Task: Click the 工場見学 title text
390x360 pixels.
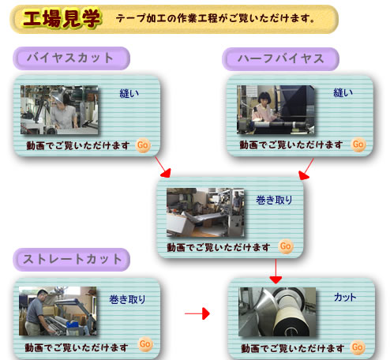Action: (x=62, y=18)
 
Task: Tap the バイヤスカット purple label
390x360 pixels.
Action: (x=71, y=58)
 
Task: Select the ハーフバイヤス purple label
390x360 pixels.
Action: (x=280, y=59)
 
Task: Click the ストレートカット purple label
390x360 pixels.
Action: (x=71, y=260)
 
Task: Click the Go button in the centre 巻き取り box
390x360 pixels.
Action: (x=286, y=246)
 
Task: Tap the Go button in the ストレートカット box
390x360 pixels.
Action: (x=145, y=344)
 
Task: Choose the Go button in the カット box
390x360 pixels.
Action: (x=358, y=347)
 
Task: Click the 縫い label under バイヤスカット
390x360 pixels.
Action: (x=129, y=94)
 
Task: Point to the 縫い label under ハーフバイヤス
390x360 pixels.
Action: (x=343, y=93)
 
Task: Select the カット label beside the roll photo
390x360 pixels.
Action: (x=345, y=298)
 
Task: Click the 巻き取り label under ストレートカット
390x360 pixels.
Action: (x=127, y=299)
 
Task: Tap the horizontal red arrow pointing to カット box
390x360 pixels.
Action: (x=197, y=313)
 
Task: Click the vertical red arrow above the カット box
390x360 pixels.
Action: (x=276, y=272)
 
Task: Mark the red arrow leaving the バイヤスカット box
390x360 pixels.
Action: (x=163, y=167)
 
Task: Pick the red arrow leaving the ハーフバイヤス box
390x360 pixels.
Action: (x=306, y=169)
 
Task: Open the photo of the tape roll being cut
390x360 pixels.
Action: (x=277, y=312)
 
